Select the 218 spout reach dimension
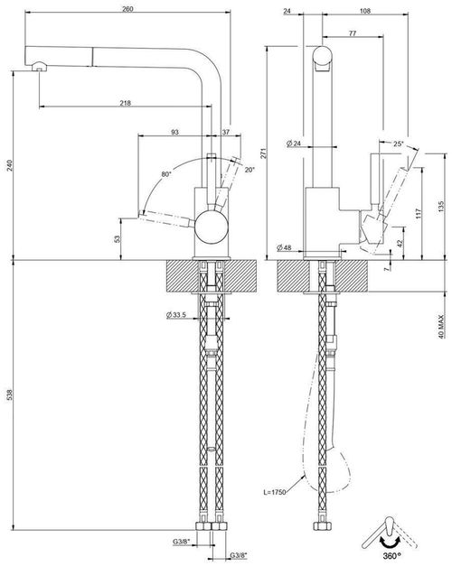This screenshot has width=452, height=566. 125,103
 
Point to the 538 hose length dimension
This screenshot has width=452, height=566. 10,398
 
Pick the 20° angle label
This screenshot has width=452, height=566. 249,169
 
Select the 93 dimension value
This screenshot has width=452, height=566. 174,132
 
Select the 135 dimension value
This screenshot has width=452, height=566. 440,207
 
